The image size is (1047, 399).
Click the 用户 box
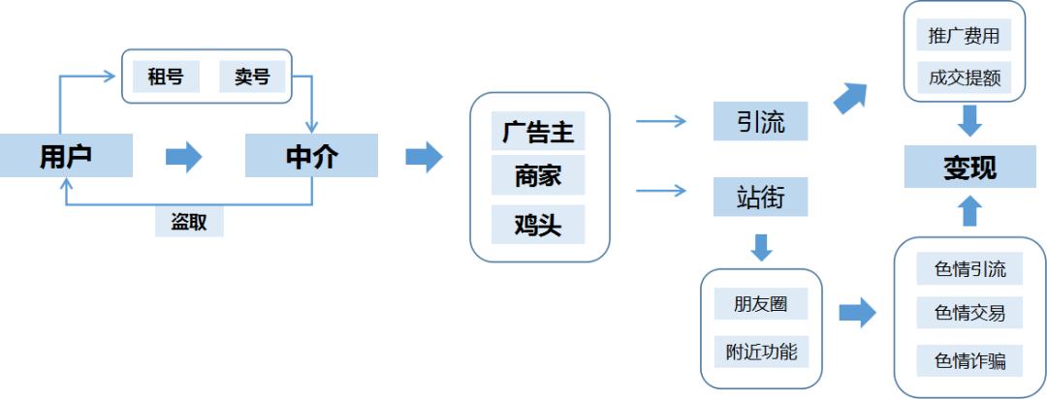coord(66,156)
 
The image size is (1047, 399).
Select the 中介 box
coord(311,156)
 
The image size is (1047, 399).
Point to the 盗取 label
coord(189,222)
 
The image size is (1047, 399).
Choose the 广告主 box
coord(538,132)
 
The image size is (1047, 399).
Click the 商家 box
coord(538,177)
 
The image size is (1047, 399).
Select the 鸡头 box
coord(538,224)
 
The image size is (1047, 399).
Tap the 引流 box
coord(760,122)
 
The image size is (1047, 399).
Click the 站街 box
coord(760,198)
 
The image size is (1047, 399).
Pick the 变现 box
coord(969,169)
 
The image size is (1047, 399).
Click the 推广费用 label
coord(964,37)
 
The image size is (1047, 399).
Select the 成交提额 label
coord(964,77)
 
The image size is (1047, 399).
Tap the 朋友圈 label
coord(761,303)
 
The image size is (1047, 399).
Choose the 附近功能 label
coord(761,351)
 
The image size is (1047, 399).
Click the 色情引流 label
coord(969,268)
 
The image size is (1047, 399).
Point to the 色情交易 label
coord(969,312)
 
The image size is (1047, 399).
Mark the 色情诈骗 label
coord(969,361)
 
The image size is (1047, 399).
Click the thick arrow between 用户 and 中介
coord(183,157)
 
